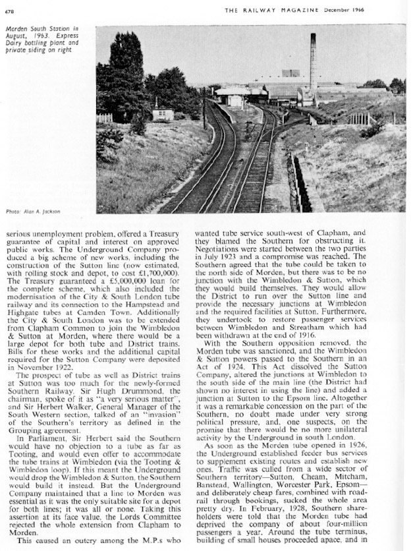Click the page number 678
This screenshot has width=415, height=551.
11,10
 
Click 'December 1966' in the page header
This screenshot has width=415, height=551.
383,10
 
